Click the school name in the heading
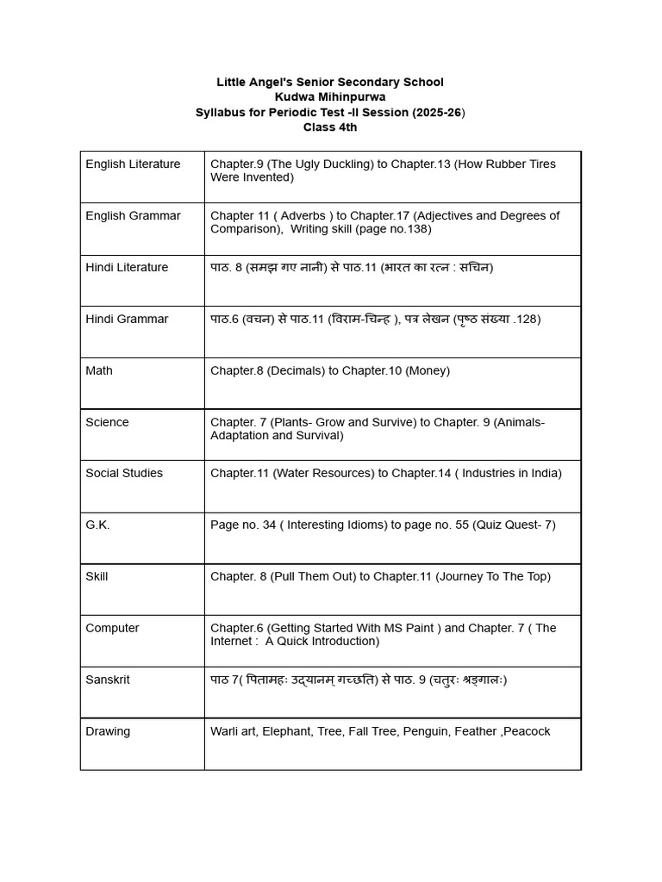coord(330,82)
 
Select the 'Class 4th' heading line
coord(330,127)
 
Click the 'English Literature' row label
coord(133,164)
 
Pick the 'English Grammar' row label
coord(133,215)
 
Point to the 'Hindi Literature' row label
coord(127,267)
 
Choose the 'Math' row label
coord(99,370)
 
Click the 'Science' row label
coord(107,422)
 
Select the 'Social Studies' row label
coord(124,473)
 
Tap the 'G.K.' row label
coord(97,525)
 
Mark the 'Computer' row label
coord(112,628)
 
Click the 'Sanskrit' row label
coord(108,680)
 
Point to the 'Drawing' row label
coord(108,731)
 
